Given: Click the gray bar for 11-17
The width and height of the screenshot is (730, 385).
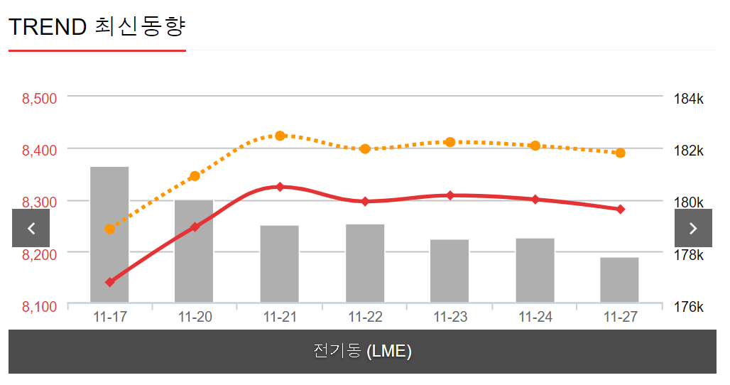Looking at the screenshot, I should (109, 234).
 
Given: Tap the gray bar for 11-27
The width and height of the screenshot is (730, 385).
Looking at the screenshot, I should (619, 280).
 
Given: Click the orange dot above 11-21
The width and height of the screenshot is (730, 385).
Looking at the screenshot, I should (280, 136).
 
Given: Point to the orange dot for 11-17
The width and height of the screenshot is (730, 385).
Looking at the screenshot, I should (109, 229).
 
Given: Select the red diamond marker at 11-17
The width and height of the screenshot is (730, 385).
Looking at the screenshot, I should (109, 282).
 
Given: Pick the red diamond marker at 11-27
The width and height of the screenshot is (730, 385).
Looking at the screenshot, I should (620, 209).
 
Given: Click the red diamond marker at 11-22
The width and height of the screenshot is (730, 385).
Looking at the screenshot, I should (365, 202).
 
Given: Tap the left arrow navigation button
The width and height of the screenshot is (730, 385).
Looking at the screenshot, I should (31, 228).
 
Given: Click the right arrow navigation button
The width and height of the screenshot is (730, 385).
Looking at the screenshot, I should (693, 228).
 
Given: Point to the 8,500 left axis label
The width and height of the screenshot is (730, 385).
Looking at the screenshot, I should (40, 98).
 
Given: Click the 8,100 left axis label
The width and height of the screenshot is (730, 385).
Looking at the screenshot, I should (40, 307).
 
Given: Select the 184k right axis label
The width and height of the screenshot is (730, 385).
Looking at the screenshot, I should (688, 98).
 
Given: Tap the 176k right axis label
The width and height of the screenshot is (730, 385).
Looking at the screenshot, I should (688, 307).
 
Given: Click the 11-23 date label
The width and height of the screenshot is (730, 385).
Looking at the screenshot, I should (450, 318).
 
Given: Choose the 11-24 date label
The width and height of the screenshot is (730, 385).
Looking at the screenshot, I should (535, 318).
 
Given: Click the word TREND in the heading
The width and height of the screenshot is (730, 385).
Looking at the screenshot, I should (48, 27).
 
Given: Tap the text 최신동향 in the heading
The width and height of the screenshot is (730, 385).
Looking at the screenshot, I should (139, 27).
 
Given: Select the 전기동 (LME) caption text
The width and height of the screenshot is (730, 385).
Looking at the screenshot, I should (363, 351).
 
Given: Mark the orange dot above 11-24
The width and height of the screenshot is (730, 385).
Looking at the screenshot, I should (535, 146).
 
